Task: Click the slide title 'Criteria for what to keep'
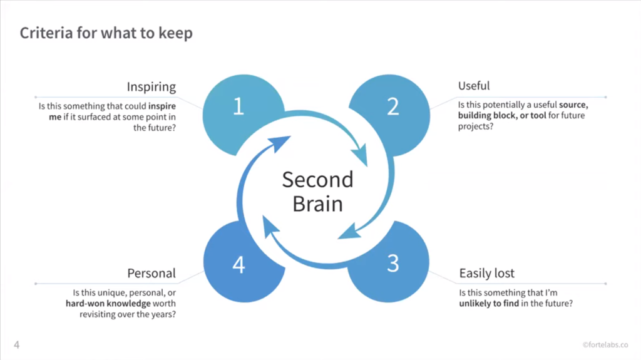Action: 106,33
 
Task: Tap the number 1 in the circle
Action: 238,106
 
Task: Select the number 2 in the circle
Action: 392,106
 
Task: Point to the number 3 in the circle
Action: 392,264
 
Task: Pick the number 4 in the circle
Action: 238,265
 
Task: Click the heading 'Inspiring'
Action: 151,86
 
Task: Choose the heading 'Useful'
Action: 474,86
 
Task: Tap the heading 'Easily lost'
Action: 487,273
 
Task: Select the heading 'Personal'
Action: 151,273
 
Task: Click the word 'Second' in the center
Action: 317,180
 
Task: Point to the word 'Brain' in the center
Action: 317,204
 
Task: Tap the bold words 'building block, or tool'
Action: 502,116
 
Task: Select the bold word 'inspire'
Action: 162,106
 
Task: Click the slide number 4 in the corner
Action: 16,345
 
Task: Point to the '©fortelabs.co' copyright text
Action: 605,345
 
